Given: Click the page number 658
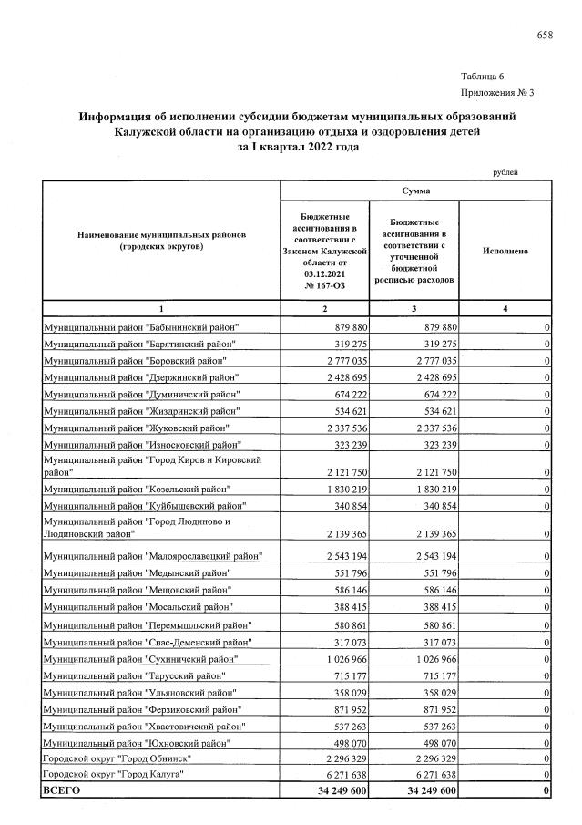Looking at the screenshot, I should tap(545, 35).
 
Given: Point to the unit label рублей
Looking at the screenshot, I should tap(505, 171).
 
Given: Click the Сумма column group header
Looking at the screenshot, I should tap(416, 191).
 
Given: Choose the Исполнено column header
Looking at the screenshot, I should tap(506, 249).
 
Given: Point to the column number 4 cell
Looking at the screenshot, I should tap(506, 309).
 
